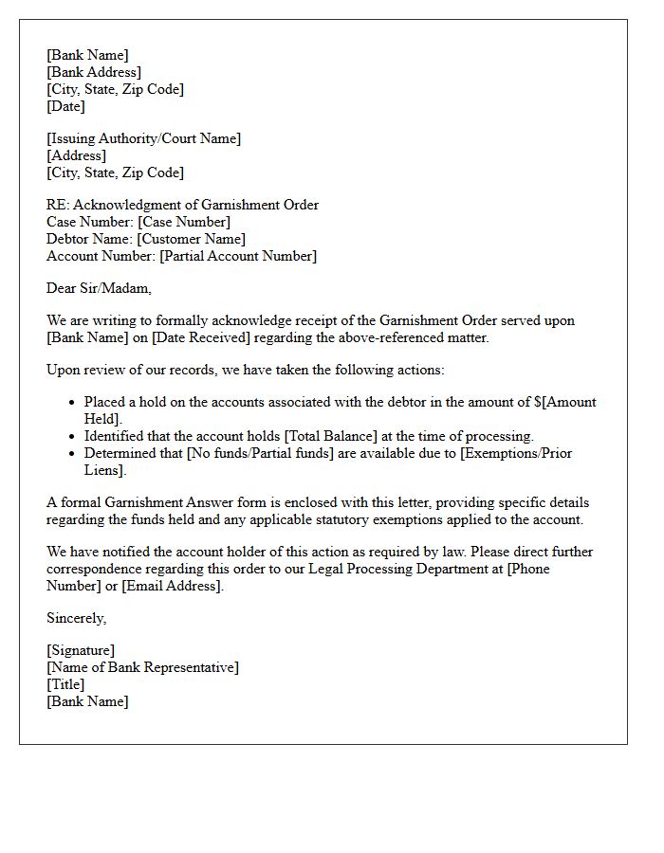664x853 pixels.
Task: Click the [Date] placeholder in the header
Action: (66, 106)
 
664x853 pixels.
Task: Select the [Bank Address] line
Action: (94, 72)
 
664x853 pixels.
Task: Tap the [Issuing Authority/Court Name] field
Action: (143, 138)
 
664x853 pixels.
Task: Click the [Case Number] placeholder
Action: (183, 222)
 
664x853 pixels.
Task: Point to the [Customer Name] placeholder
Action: (191, 239)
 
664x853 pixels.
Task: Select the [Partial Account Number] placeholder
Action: (238, 256)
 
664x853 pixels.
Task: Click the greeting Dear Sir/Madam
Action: (99, 288)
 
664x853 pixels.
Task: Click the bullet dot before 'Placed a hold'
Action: (71, 403)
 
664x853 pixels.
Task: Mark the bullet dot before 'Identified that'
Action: (71, 437)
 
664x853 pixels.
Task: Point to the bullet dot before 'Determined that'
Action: (71, 454)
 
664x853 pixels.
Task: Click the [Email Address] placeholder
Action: (173, 586)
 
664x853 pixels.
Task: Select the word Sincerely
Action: (76, 618)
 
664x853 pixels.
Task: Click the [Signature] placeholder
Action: (81, 650)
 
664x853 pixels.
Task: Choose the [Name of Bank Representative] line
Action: (142, 667)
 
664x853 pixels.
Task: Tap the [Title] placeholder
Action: (65, 684)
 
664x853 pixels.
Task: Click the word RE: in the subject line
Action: (58, 205)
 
